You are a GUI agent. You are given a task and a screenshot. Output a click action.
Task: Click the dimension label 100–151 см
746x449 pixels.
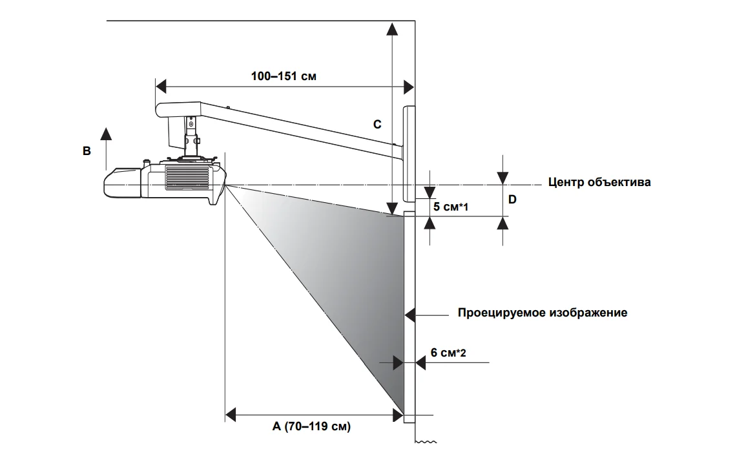(284, 75)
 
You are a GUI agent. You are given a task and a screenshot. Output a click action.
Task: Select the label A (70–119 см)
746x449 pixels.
(311, 426)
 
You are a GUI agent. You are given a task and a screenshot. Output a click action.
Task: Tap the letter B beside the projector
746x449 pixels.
(86, 151)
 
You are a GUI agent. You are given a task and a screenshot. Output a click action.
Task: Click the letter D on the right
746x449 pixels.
(512, 200)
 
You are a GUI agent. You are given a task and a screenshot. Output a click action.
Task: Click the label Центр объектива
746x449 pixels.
(599, 182)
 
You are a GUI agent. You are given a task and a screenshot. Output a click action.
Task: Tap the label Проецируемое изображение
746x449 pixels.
(543, 313)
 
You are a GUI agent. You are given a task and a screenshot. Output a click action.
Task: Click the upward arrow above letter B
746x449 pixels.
(107, 134)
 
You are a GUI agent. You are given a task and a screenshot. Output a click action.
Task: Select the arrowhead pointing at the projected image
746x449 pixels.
(410, 315)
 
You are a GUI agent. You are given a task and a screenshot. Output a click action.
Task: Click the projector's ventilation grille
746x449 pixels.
(187, 176)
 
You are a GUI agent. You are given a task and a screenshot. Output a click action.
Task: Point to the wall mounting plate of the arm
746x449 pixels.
(409, 154)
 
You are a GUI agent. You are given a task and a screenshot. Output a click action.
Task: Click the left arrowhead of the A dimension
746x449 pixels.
(231, 414)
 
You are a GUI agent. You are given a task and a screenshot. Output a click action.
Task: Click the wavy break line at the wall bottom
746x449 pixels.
(426, 443)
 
